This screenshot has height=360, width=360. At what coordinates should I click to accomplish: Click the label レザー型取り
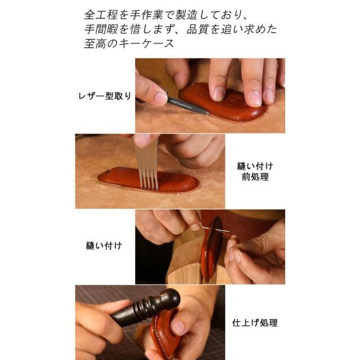pyautogui.click(x=105, y=96)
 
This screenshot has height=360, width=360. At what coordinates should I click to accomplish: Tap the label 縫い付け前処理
pyautogui.click(x=255, y=172)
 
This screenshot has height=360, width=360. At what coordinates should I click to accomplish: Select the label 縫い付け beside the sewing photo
pyautogui.click(x=103, y=246)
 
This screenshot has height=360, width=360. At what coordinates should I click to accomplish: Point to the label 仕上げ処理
pyautogui.click(x=255, y=323)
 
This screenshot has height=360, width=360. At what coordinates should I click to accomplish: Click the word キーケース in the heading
pyautogui.click(x=146, y=43)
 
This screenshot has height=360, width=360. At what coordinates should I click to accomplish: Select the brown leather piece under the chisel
pyautogui.click(x=148, y=179)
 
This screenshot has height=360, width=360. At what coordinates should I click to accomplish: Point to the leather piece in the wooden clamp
pyautogui.click(x=211, y=249)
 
